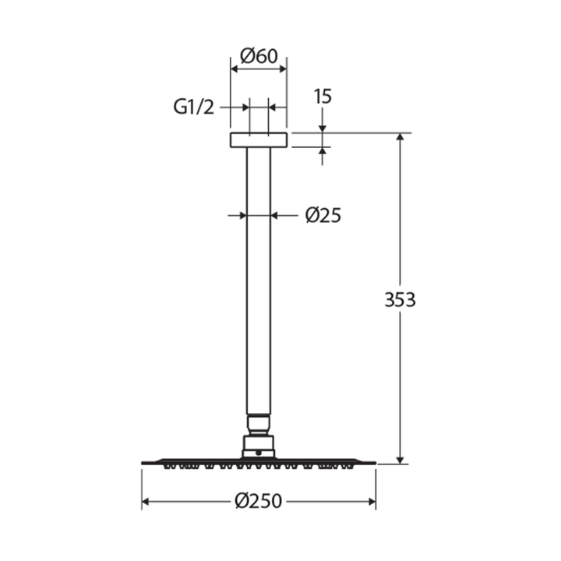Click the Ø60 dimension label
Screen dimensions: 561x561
tap(259, 56)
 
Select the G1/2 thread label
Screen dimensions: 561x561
tap(193, 108)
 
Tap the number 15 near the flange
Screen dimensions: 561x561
tap(323, 97)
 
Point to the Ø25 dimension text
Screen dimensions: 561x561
tap(323, 215)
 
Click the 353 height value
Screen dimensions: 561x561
tap(400, 299)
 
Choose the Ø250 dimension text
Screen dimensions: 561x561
tap(259, 502)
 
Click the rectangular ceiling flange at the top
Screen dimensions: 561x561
tap(259, 140)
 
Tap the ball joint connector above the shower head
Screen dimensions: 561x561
tap(259, 425)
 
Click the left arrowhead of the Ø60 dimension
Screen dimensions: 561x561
tap(235, 69)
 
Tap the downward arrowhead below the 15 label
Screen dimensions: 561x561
tap(323, 128)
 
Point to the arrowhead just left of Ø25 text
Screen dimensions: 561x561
tap(276, 215)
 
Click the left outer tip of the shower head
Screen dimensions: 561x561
tap(143, 463)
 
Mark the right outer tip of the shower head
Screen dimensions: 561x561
tap(375, 463)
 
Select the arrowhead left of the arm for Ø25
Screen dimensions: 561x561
tap(242, 215)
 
